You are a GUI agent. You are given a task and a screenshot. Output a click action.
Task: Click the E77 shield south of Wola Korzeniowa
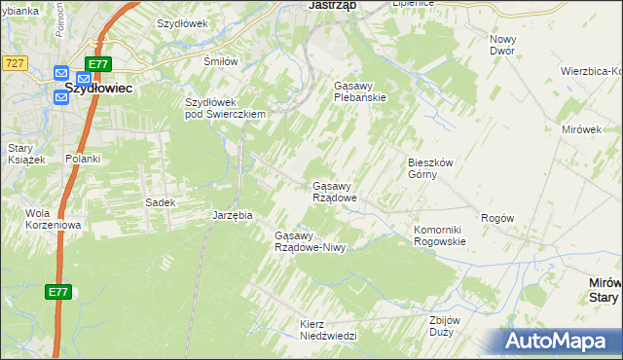tap(57, 291)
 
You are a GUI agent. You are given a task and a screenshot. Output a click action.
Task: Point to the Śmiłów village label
tap(220, 60)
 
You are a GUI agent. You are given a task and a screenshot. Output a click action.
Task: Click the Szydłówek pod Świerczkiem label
tap(226, 107)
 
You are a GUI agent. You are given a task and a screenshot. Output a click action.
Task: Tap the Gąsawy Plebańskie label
tap(360, 90)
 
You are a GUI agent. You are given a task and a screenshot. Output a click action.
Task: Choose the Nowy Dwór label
tap(503, 44)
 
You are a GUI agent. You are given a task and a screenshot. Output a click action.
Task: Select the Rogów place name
tap(497, 219)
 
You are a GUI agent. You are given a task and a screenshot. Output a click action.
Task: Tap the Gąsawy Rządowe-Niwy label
tap(311, 241)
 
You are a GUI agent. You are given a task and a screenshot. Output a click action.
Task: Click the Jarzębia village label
tap(233, 215)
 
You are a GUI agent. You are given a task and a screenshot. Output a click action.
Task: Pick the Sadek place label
tap(160, 202)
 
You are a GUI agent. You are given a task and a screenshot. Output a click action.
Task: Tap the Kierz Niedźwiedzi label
tap(329, 329)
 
